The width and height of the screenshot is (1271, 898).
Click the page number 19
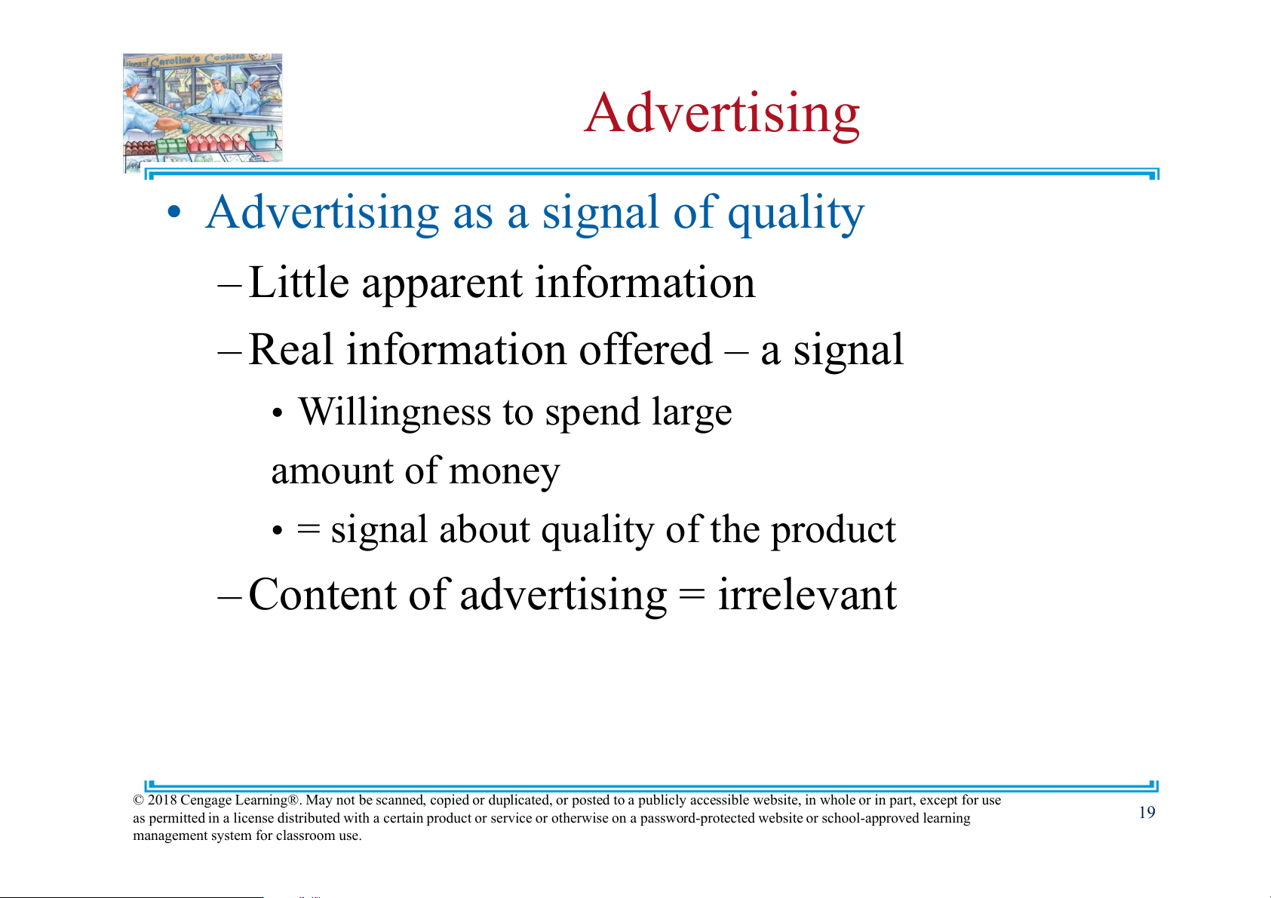tap(1147, 812)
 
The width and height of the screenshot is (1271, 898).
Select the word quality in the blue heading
tap(796, 215)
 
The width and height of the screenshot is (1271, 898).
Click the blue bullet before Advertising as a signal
tap(174, 213)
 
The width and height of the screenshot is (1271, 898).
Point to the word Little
tap(299, 282)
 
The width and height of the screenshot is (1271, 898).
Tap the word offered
tap(645, 349)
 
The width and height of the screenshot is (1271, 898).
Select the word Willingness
tap(395, 413)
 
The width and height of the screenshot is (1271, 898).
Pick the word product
tap(833, 530)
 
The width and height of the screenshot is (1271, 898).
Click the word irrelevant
tap(807, 594)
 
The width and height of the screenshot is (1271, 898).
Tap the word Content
tap(322, 594)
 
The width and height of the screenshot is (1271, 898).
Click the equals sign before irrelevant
tap(692, 596)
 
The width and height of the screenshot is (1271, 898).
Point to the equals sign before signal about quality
tap(309, 531)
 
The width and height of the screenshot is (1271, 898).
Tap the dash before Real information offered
tap(230, 351)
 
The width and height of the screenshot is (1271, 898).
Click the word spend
tap(592, 413)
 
